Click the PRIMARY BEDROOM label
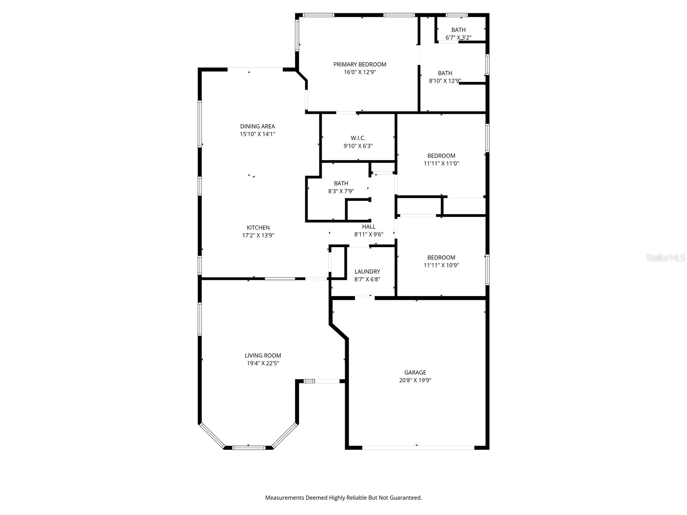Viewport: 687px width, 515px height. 360,64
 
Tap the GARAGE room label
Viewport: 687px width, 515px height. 415,373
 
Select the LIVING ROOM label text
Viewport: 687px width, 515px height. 263,355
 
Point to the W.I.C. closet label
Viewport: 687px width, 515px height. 358,138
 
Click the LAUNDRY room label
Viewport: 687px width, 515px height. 367,272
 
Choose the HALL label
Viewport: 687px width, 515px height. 369,227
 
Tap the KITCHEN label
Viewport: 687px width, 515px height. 258,227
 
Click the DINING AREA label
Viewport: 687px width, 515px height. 257,126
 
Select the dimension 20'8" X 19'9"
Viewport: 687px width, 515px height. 415,380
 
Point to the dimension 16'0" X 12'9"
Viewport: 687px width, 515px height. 360,72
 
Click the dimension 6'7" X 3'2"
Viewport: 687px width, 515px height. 459,37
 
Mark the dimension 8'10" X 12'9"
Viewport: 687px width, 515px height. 445,81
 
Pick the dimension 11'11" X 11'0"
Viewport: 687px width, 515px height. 441,164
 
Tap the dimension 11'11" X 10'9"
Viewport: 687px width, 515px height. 441,265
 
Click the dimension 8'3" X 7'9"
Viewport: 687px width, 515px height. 341,191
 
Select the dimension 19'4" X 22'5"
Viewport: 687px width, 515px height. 263,363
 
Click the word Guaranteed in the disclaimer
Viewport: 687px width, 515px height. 406,498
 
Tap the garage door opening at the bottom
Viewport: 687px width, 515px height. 418,448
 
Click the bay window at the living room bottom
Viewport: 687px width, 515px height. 249,448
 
